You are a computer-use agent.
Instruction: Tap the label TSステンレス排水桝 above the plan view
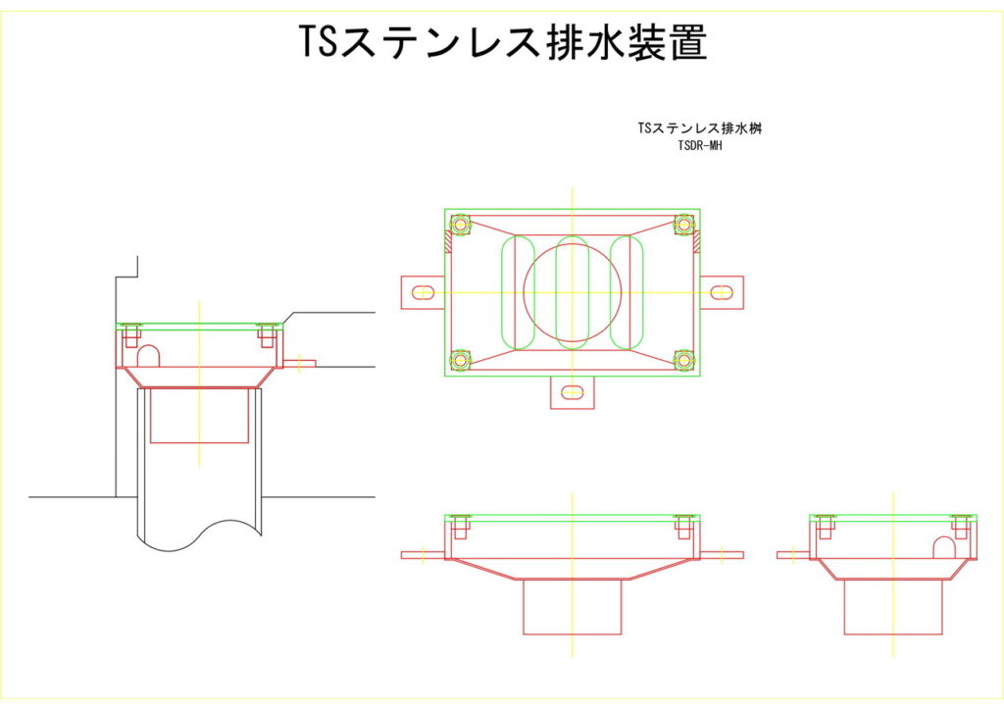(x=699, y=128)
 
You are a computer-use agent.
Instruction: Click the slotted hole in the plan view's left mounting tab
(x=424, y=292)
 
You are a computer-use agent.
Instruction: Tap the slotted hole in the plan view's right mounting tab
(x=722, y=292)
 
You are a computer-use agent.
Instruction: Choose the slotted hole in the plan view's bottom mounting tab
(x=573, y=393)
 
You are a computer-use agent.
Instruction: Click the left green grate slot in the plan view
(x=519, y=292)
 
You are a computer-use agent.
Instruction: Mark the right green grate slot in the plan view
(x=627, y=292)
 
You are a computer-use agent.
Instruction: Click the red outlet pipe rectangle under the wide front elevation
(x=573, y=606)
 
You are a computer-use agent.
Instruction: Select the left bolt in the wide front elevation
(x=461, y=528)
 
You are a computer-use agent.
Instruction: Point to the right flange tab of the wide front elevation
(x=721, y=555)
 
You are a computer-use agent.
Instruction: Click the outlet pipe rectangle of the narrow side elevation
(x=892, y=606)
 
